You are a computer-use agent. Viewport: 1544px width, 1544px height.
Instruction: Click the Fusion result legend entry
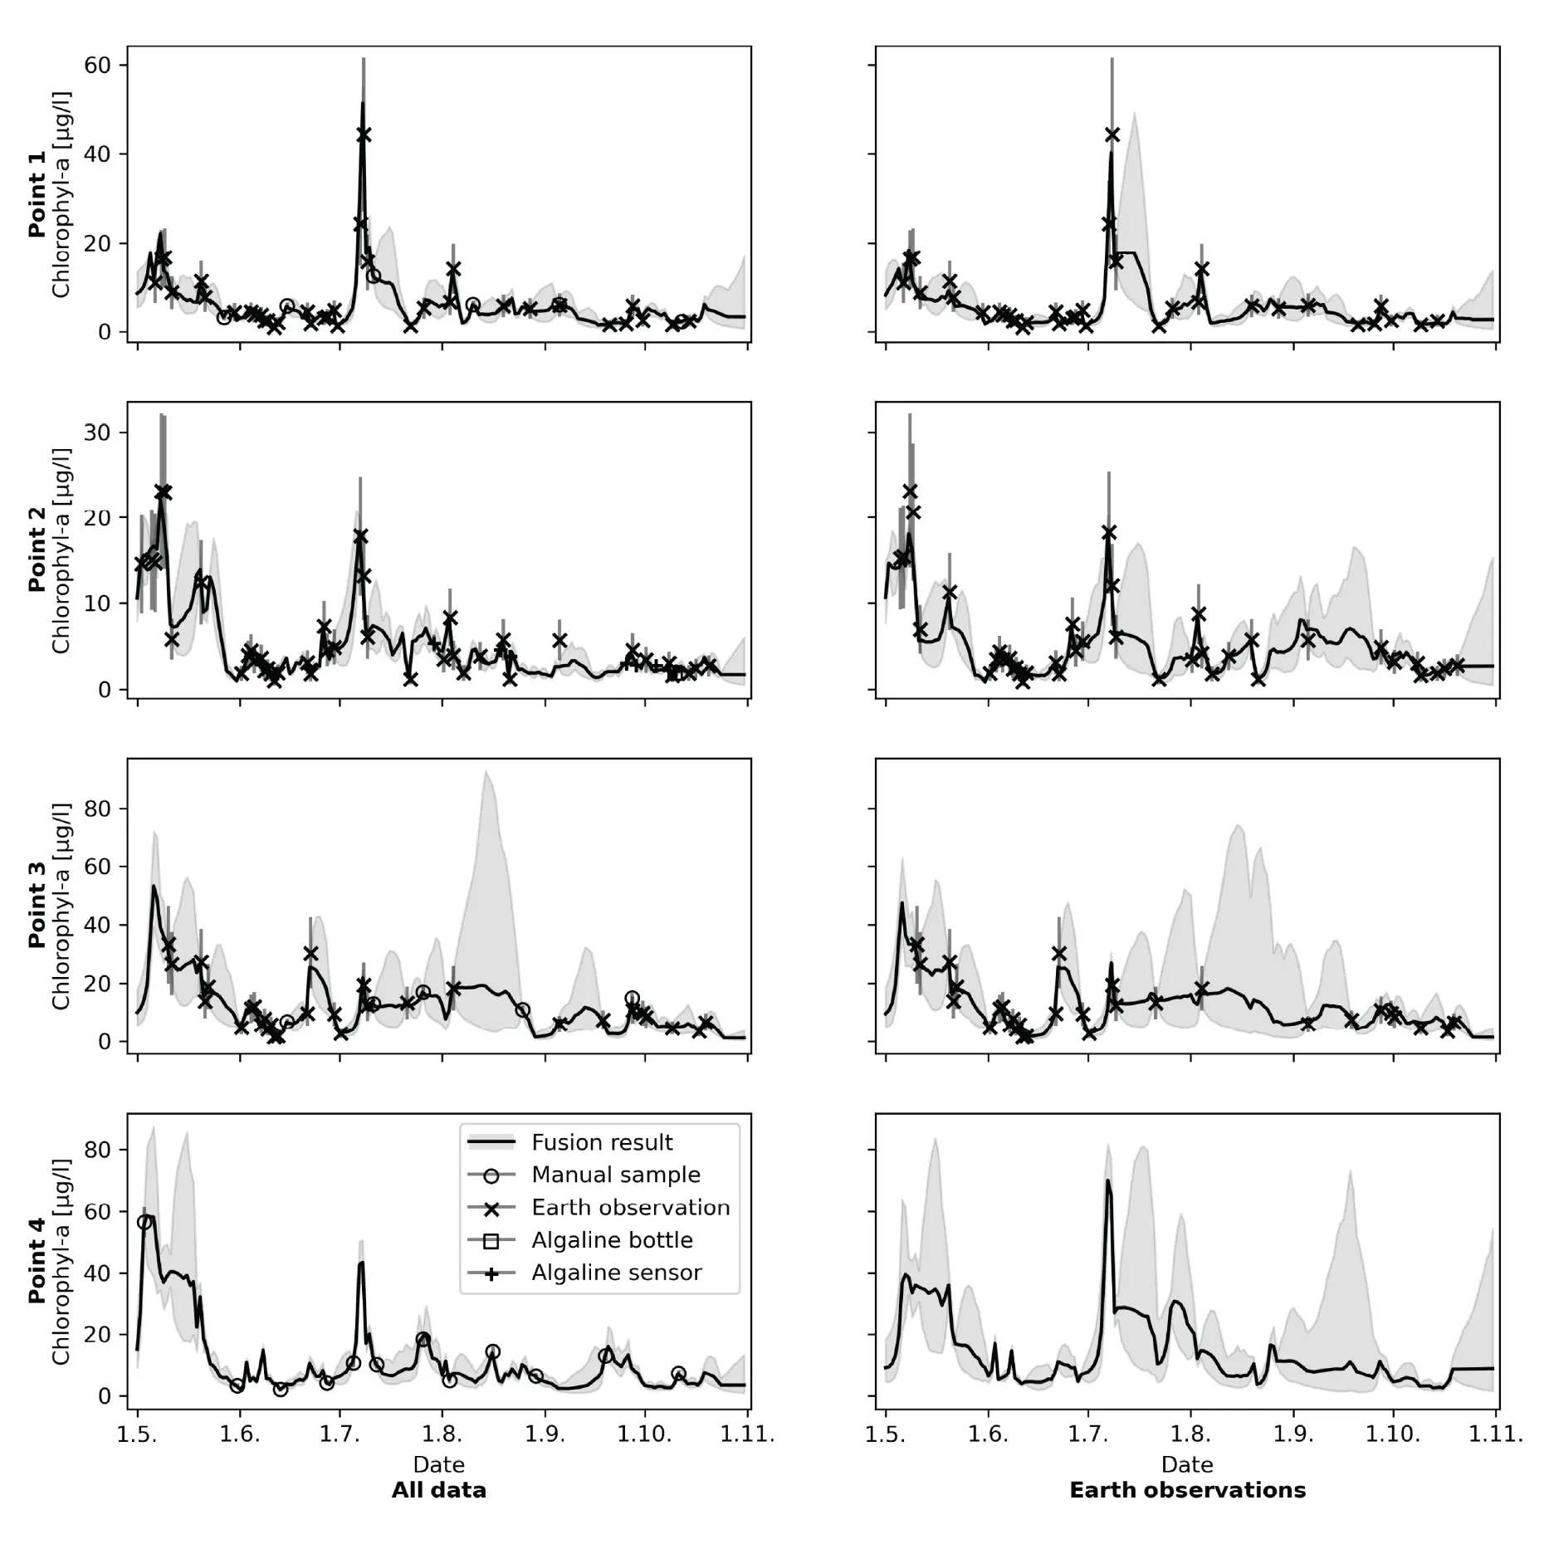pos(601,1142)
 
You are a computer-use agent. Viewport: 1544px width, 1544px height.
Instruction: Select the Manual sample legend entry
pos(615,1175)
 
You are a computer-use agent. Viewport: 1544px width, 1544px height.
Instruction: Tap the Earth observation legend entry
pos(630,1207)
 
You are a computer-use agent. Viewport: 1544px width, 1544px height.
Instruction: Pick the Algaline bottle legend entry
pos(612,1239)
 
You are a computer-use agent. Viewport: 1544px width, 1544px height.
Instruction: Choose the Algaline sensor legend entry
pos(616,1272)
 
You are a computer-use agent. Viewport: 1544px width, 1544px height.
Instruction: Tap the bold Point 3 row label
pos(37,915)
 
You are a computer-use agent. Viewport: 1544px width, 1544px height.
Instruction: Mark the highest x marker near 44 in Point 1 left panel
pos(364,134)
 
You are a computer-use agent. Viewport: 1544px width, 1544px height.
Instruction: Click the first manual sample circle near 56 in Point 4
pos(144,1222)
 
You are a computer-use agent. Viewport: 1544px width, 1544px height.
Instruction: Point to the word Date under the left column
pos(438,1464)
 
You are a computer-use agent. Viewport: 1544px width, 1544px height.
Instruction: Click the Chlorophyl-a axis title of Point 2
pos(61,551)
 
